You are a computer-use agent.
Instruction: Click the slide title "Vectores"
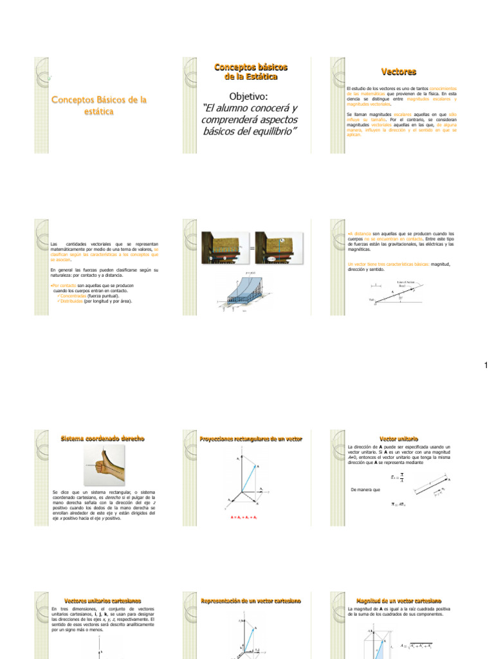click(x=399, y=71)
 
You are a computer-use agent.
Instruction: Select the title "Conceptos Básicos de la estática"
click(x=99, y=106)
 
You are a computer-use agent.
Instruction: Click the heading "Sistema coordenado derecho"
click(x=102, y=438)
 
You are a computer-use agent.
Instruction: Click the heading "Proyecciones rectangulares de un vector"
click(x=251, y=439)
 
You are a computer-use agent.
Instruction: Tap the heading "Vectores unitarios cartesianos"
click(x=102, y=600)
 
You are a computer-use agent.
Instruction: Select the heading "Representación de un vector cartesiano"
click(x=251, y=600)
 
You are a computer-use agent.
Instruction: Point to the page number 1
click(x=486, y=366)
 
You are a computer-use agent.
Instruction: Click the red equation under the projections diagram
click(x=244, y=517)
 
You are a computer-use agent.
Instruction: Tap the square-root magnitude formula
click(x=416, y=645)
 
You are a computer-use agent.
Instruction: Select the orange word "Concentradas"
click(x=73, y=295)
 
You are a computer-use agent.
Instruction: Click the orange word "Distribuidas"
click(x=71, y=301)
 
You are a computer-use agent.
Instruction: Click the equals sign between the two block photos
click(x=252, y=248)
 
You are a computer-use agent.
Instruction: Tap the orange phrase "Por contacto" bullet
click(x=63, y=284)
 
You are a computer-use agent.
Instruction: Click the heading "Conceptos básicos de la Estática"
click(x=250, y=71)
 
